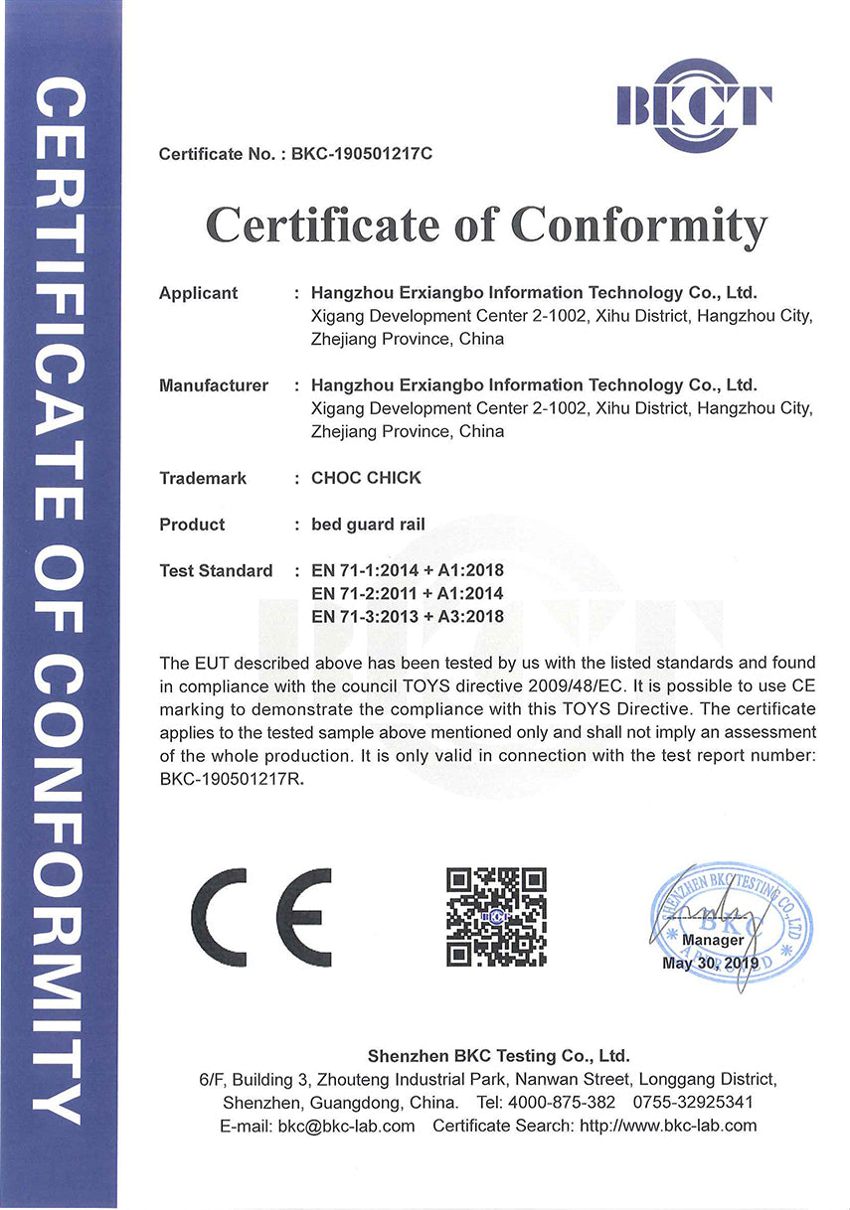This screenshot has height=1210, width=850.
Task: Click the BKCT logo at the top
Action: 694,104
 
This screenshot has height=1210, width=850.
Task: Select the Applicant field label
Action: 198,293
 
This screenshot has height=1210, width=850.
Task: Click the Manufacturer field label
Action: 213,385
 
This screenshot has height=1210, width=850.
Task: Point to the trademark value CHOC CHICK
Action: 366,478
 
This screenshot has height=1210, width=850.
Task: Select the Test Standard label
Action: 215,570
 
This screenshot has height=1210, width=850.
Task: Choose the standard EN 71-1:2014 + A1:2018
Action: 408,570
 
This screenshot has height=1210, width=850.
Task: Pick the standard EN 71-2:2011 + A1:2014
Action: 408,593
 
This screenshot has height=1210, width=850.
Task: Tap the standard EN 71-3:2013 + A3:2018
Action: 408,616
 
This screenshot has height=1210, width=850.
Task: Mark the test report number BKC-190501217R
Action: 229,779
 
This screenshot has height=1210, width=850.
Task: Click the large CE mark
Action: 261,918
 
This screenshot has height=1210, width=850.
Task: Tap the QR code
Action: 496,917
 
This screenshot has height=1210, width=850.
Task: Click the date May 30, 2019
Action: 710,963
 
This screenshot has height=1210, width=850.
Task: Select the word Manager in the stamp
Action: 713,940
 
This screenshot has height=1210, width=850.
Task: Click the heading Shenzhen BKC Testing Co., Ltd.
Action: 498,1056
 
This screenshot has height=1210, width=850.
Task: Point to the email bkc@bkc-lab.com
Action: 346,1126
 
